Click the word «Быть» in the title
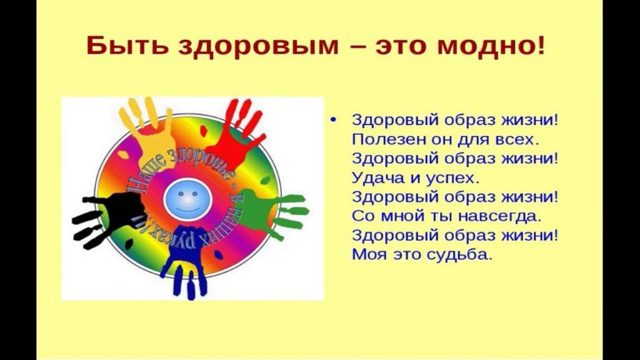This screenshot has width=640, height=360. [x=127, y=46]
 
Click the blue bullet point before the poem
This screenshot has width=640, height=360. [x=334, y=120]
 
